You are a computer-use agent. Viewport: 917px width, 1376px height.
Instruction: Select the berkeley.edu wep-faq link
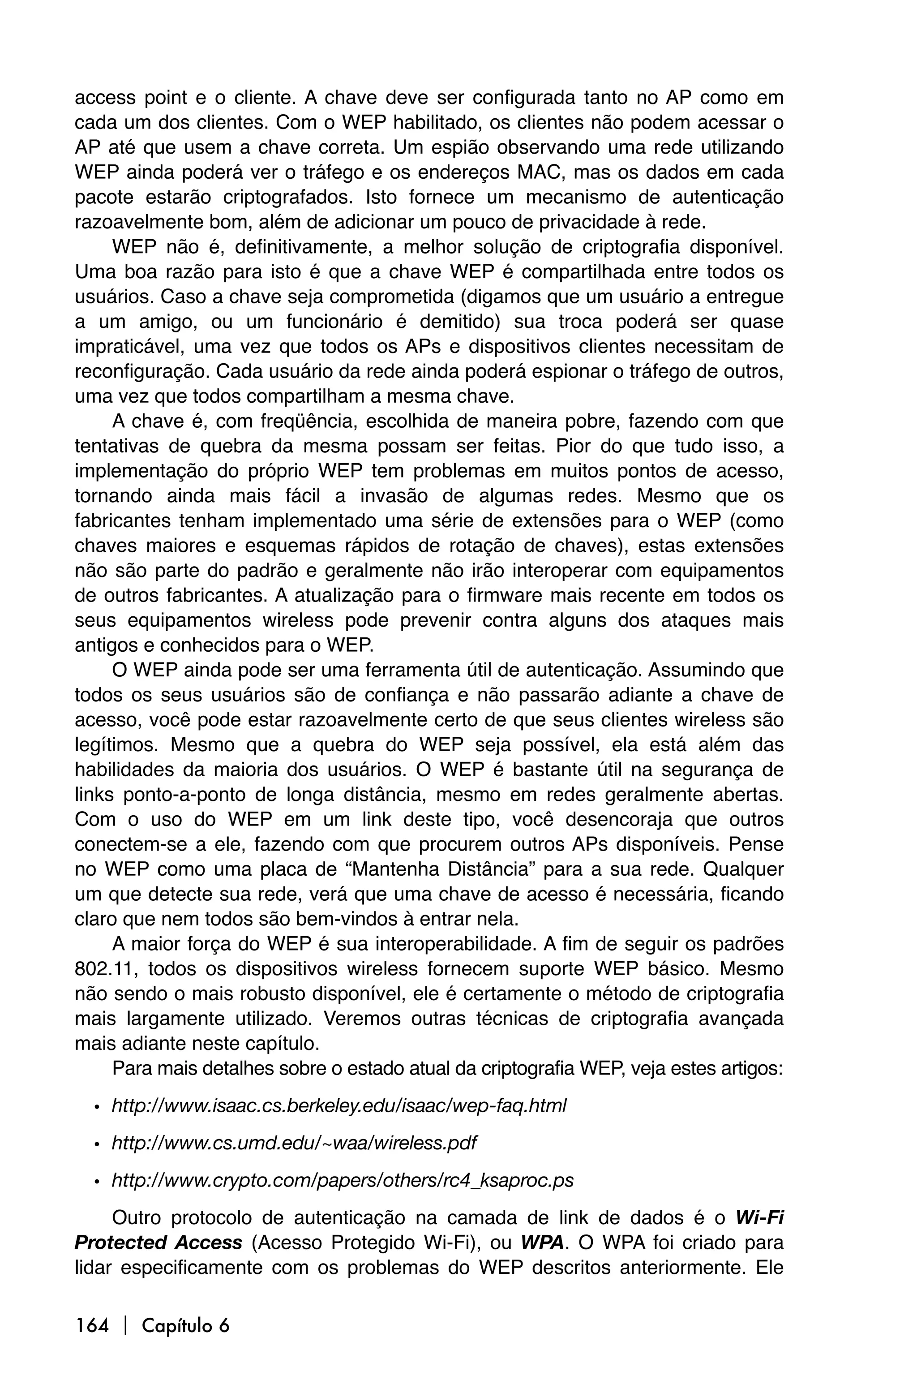tap(339, 1106)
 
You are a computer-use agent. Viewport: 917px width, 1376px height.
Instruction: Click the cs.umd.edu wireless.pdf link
tap(294, 1143)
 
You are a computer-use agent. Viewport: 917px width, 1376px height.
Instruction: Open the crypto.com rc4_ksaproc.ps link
tap(343, 1180)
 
